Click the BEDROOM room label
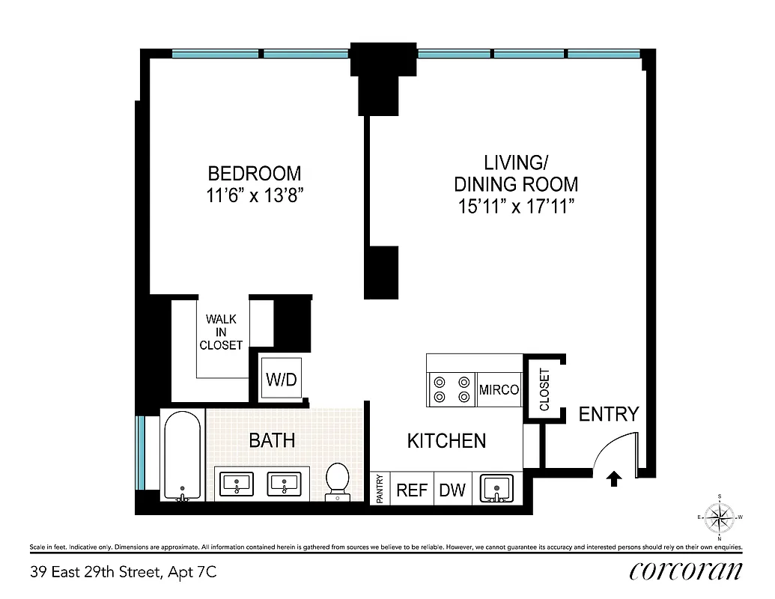pyautogui.click(x=254, y=174)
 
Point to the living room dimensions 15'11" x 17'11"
pyautogui.click(x=516, y=207)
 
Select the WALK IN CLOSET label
pyautogui.click(x=221, y=332)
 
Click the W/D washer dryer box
pyautogui.click(x=281, y=380)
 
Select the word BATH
pyautogui.click(x=271, y=440)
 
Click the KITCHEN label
pyautogui.click(x=446, y=441)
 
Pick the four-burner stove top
pyautogui.click(x=452, y=389)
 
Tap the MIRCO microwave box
pyautogui.click(x=499, y=390)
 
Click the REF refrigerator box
pyautogui.click(x=411, y=490)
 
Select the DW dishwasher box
pyautogui.click(x=452, y=490)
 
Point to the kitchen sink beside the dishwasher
pyautogui.click(x=496, y=488)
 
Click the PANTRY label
pyautogui.click(x=380, y=489)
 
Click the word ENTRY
pyautogui.click(x=609, y=414)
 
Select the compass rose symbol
pyautogui.click(x=720, y=517)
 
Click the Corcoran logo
pyautogui.click(x=686, y=572)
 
